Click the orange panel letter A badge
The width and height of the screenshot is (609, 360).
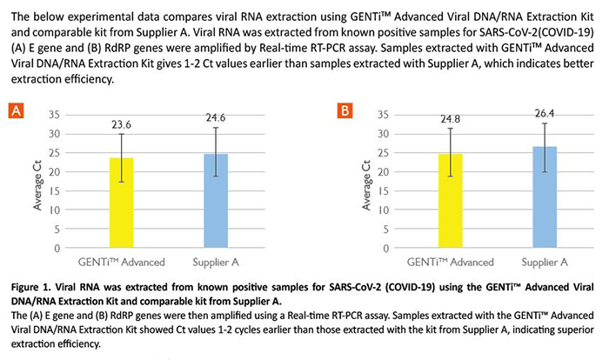coord(16,110)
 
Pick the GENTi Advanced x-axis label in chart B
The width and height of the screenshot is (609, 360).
coord(451,262)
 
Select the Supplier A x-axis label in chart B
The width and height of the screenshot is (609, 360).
coord(545,262)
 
